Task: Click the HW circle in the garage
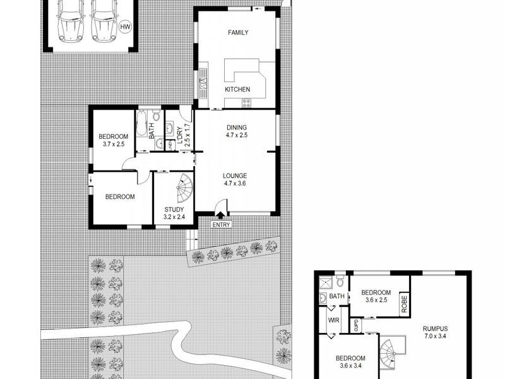[125, 27]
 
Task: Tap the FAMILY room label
[238, 33]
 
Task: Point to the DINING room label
[236, 128]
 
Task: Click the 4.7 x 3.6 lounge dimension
[234, 184]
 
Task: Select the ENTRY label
[222, 224]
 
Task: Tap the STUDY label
[174, 210]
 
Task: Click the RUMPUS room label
[436, 328]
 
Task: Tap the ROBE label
[403, 303]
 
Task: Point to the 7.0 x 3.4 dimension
[436, 337]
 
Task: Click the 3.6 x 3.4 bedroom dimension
[352, 366]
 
